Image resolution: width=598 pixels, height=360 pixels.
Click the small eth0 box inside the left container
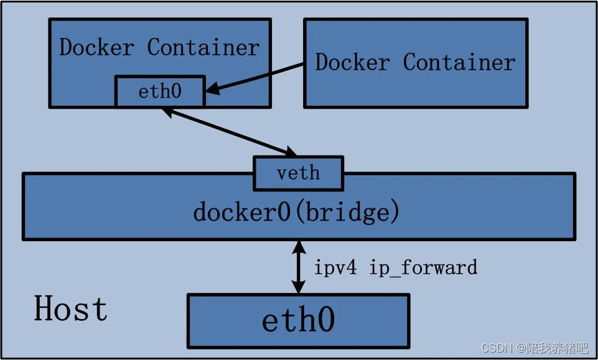[x=160, y=92]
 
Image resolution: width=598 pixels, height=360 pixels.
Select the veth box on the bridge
[x=298, y=173]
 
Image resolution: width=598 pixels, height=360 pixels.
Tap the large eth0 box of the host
[x=299, y=320]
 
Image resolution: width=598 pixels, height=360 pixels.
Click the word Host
[x=70, y=309]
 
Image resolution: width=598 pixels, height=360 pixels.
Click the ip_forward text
[x=423, y=268]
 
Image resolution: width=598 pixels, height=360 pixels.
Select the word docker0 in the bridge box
[x=242, y=213]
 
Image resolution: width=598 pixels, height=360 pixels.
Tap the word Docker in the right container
[x=352, y=62]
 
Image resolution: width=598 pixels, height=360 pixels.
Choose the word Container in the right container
[x=459, y=62]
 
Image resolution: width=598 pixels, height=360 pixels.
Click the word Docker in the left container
[x=96, y=47]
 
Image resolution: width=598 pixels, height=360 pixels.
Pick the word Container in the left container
[x=203, y=47]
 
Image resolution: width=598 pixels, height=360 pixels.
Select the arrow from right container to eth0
[x=255, y=78]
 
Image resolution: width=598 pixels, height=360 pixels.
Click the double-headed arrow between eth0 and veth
[x=229, y=131]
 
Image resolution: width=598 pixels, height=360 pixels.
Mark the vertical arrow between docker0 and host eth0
[x=299, y=267]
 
